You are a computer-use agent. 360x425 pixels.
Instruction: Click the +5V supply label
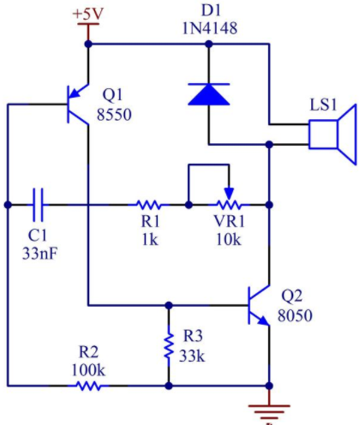click(x=88, y=14)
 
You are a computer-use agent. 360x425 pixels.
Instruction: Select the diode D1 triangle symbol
click(x=209, y=94)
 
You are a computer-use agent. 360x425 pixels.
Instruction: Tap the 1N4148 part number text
click(x=210, y=28)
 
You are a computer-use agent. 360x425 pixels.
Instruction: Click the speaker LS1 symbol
click(x=333, y=135)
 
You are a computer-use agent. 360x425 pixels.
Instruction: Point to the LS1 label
click(x=323, y=105)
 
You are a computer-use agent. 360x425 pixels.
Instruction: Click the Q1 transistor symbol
click(x=78, y=105)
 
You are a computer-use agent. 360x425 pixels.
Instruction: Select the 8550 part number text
click(x=114, y=115)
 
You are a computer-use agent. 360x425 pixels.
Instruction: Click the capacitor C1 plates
click(x=38, y=205)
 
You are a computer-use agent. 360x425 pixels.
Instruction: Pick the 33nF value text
click(x=40, y=253)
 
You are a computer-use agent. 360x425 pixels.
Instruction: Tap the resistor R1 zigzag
click(x=148, y=205)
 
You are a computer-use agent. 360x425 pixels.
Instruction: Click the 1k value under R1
click(x=150, y=239)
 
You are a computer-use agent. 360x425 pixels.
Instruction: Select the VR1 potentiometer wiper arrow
click(x=229, y=194)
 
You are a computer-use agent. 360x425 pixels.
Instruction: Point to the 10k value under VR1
click(x=229, y=239)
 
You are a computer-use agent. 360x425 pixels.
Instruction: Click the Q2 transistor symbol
click(x=259, y=305)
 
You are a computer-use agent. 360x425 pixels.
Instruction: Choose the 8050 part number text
click(x=295, y=315)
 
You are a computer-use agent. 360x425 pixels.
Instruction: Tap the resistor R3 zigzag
click(x=169, y=345)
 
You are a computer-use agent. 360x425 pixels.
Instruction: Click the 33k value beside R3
click(x=192, y=356)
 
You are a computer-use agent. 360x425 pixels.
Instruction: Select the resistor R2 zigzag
click(x=89, y=386)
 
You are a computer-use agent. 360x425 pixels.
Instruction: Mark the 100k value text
click(x=88, y=370)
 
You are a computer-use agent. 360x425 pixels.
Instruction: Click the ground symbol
click(x=269, y=411)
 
